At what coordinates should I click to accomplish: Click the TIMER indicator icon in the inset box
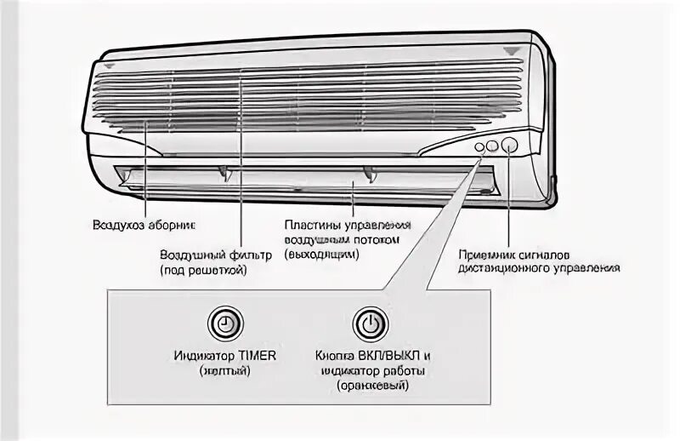[224, 324]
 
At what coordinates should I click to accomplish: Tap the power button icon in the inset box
[369, 324]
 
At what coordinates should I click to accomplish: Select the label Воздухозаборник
[144, 226]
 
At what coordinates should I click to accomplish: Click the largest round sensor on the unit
[509, 144]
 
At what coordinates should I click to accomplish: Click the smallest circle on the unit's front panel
[479, 146]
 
